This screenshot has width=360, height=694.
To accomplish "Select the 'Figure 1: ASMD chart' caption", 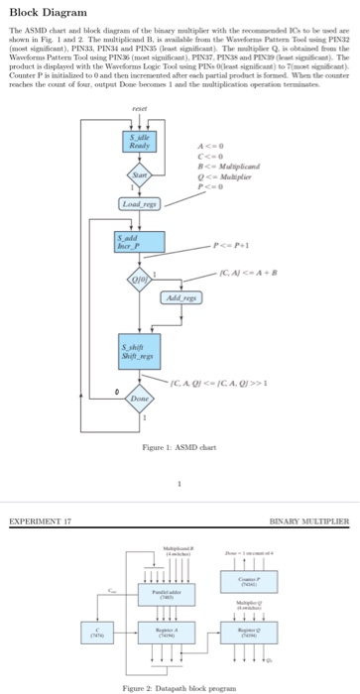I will click(x=180, y=448).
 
